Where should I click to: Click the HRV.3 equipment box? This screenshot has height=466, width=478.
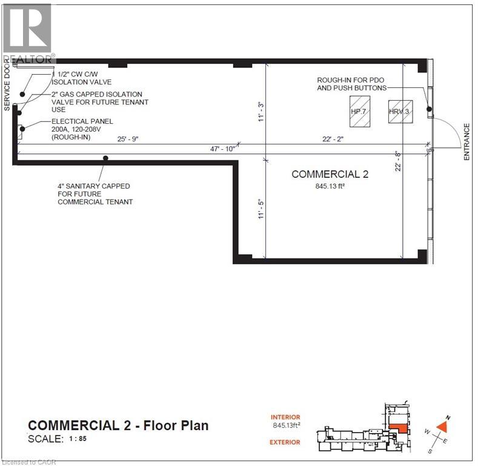pos(400,112)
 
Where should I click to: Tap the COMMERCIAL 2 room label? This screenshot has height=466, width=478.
pos(330,174)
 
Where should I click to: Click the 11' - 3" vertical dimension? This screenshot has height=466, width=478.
pos(262,112)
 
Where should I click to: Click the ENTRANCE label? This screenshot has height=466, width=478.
pos(467,142)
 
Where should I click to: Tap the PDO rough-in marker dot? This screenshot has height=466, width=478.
pos(429,109)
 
